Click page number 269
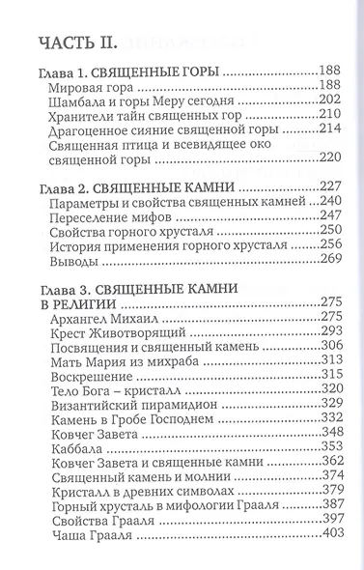tap(330, 261)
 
